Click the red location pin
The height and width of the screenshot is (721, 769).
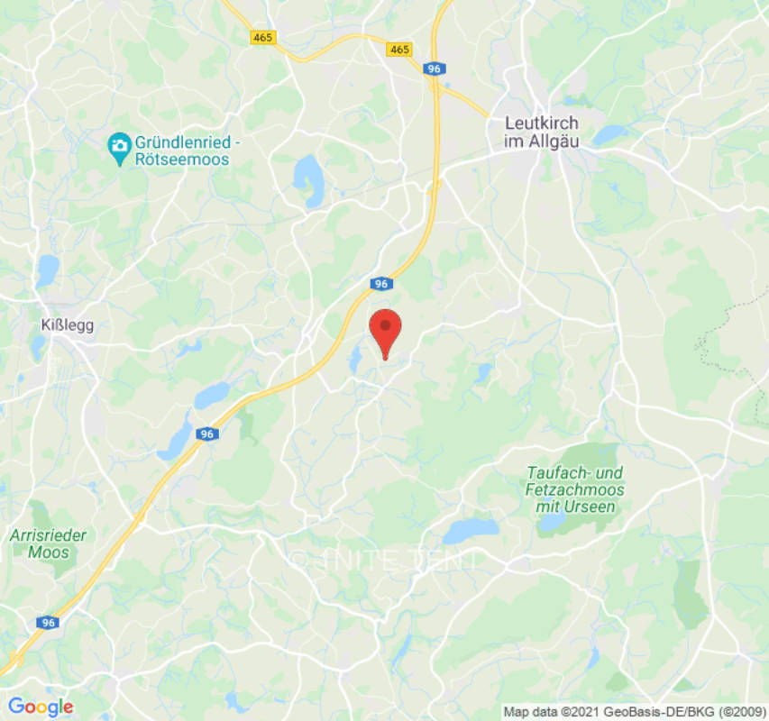pyautogui.click(x=386, y=330)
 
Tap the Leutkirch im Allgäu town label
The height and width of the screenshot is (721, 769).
pyautogui.click(x=542, y=132)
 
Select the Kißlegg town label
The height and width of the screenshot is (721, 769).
pyautogui.click(x=68, y=324)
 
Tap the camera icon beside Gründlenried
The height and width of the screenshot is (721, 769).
pyautogui.click(x=118, y=144)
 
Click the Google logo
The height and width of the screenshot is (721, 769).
pyautogui.click(x=40, y=707)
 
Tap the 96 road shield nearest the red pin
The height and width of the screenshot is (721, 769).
pyautogui.click(x=380, y=284)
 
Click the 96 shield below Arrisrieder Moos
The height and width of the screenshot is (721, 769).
pyautogui.click(x=48, y=623)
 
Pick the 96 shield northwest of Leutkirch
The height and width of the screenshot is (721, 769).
pyautogui.click(x=435, y=68)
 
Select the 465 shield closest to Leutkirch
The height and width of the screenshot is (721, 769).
pyautogui.click(x=399, y=50)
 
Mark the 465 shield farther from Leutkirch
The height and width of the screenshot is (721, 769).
pyautogui.click(x=262, y=37)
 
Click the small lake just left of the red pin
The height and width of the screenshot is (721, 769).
pyautogui.click(x=356, y=360)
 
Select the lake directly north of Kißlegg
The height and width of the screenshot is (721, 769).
pyautogui.click(x=47, y=268)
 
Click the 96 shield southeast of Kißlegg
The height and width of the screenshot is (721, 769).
pyautogui.click(x=207, y=434)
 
